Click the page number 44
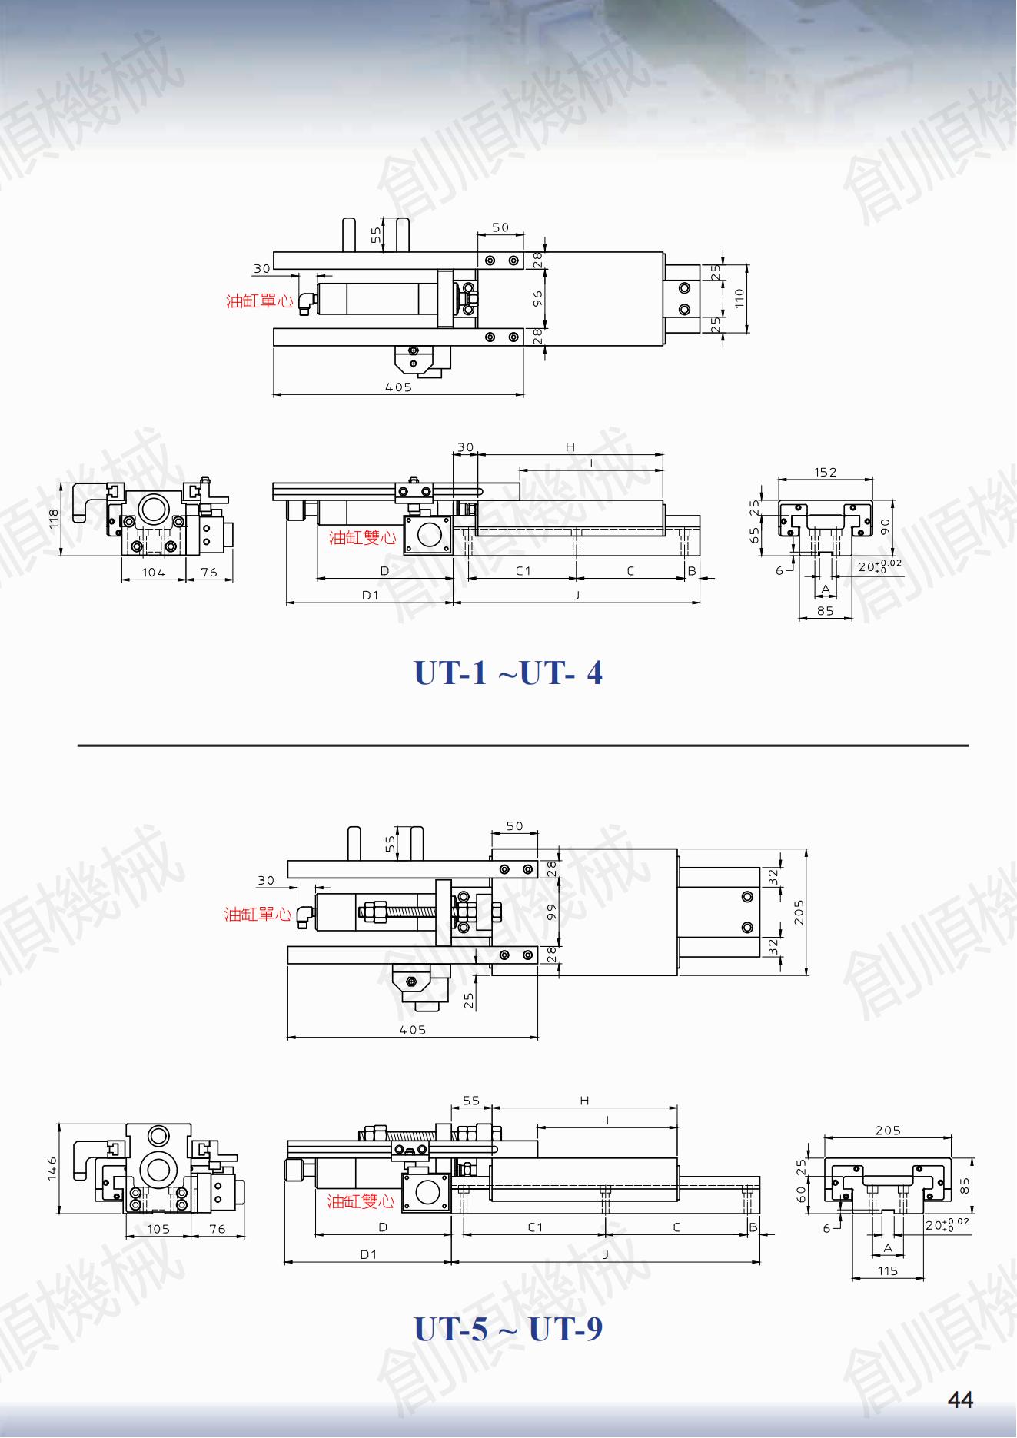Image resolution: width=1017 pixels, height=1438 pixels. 961,1400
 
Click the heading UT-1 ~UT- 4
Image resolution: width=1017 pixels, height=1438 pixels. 508,673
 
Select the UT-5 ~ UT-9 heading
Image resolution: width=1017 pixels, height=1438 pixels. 508,1329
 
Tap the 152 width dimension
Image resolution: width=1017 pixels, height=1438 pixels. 825,472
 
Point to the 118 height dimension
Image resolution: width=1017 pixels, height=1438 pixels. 54,518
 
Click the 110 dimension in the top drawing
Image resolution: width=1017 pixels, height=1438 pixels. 739,297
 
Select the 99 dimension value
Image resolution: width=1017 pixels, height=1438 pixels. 551,912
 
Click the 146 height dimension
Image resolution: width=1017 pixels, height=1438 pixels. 52,1170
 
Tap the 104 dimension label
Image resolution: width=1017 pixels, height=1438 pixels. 154,573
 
